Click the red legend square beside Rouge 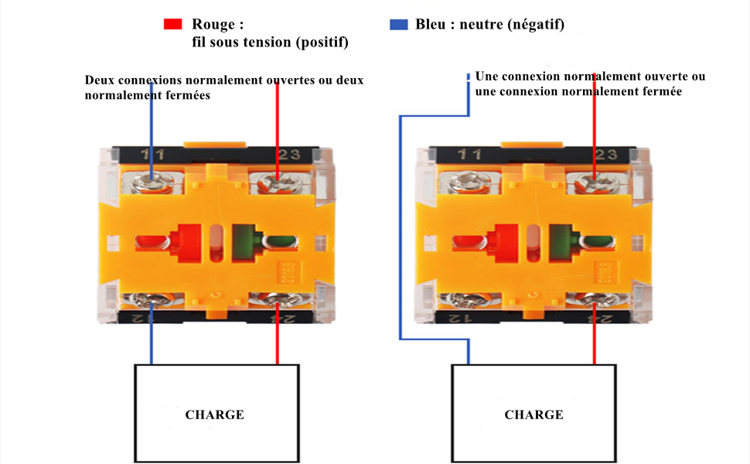[172, 25]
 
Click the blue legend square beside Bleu [398, 25]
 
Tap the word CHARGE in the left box [214, 415]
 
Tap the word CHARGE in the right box [534, 415]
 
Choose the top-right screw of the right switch [593, 184]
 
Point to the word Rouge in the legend [212, 25]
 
